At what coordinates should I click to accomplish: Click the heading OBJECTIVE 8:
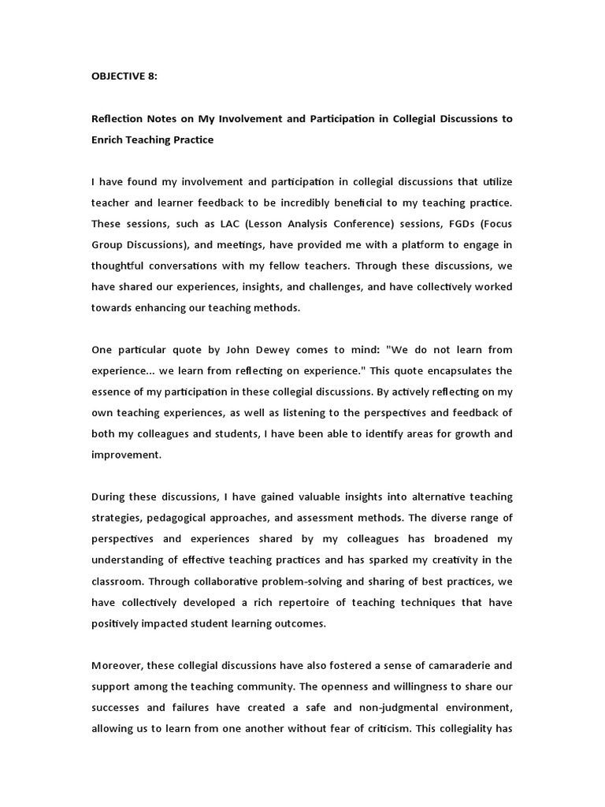(125, 77)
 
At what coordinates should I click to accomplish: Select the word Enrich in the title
(107, 139)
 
